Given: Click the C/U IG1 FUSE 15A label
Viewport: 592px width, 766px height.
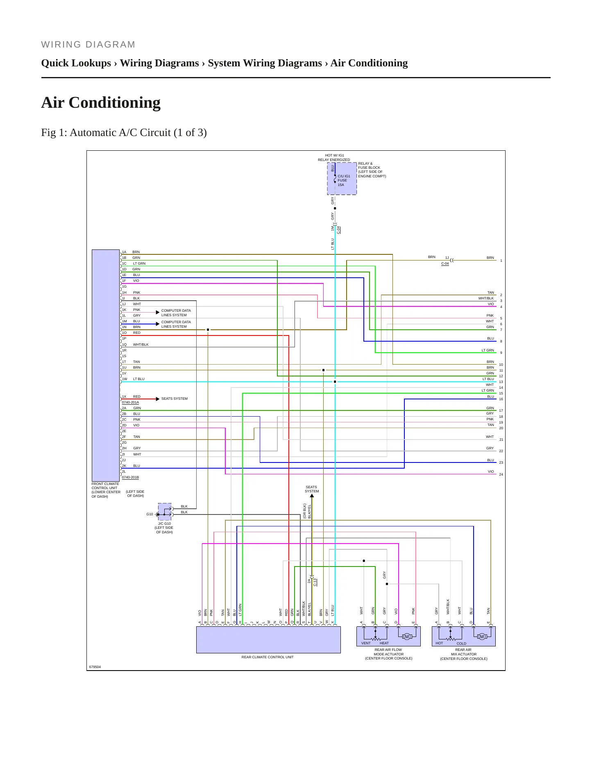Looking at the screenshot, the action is coord(344,180).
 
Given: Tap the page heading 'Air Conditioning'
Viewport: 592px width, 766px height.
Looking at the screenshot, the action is coord(101,102).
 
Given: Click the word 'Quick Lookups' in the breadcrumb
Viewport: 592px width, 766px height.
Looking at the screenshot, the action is coord(76,63).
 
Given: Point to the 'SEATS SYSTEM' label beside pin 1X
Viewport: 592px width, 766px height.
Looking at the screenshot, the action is coord(175,399).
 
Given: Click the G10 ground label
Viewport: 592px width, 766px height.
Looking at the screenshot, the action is coord(150,514).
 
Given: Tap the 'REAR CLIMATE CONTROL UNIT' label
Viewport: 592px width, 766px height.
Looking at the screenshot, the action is coord(268,657).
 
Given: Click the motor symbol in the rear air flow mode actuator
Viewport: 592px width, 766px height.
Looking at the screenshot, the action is coord(407,637).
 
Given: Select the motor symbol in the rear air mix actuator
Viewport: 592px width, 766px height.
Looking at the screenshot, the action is coord(482,637).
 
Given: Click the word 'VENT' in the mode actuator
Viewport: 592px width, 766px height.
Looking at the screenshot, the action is coord(366,643).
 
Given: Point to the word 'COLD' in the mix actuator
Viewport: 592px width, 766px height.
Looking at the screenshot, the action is coord(461,644).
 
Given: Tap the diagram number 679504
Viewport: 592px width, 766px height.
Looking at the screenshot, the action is coord(95,667).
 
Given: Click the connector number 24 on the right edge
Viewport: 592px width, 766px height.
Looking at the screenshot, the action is coord(501,474).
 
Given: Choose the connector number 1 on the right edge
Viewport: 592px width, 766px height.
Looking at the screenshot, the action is coord(501,261).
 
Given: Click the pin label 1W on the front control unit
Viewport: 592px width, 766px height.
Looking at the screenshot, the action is coord(125,379).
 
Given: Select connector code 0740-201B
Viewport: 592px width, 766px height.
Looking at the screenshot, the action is coord(130,477).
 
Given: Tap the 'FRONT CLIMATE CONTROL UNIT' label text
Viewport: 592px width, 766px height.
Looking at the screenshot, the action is coord(106,490).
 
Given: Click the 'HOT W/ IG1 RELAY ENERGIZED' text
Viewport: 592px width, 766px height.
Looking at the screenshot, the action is coord(334,158).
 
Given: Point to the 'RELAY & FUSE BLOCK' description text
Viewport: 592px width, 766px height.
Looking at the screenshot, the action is coord(372,170).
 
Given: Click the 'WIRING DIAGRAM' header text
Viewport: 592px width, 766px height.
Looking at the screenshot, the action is coord(88,45).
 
